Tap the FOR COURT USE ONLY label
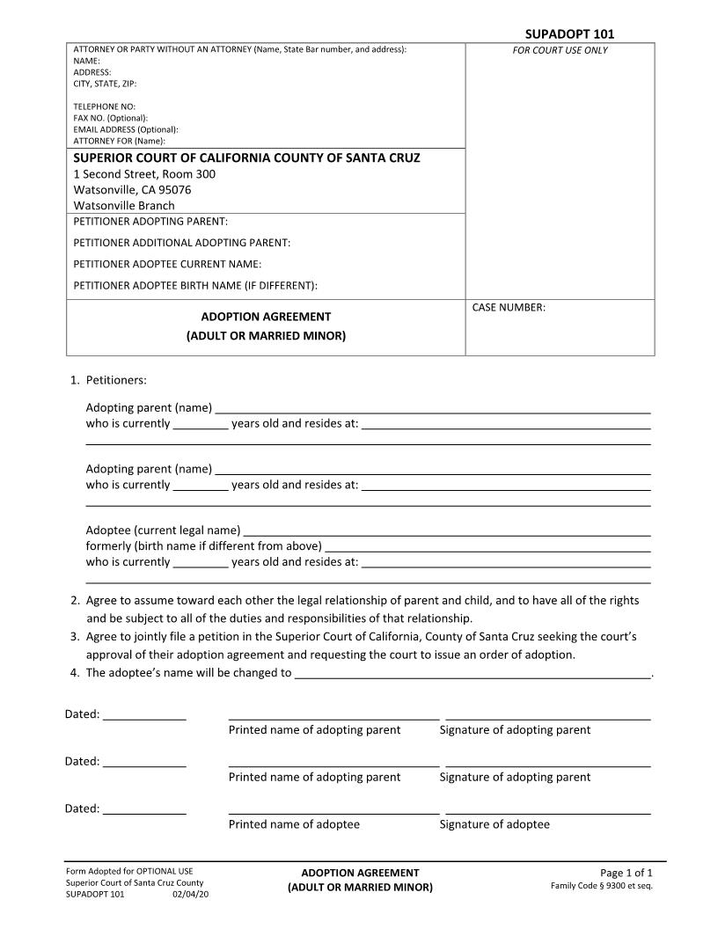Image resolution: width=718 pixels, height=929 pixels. pos(560,50)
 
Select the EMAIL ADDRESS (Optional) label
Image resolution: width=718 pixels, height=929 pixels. pos(126,129)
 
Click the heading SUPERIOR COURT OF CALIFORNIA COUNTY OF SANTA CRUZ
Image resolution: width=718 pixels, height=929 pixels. pos(246,158)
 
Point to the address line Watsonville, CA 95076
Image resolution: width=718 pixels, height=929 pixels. pos(132,190)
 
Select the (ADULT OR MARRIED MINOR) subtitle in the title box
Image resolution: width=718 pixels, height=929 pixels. pos(266,336)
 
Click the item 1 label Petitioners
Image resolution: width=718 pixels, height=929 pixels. pos(115,381)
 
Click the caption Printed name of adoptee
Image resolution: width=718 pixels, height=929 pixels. pos(294,824)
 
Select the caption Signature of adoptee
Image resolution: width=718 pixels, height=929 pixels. pos(495,824)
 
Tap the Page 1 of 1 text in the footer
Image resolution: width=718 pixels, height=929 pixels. pos(626,873)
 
